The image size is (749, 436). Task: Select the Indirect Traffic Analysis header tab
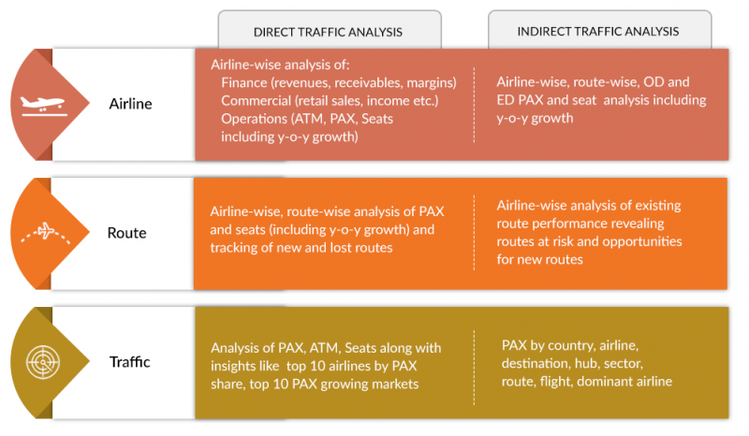[598, 32]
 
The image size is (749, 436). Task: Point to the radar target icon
[42, 360]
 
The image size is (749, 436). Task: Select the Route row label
[127, 232]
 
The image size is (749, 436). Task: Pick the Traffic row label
[129, 361]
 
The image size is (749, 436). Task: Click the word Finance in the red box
[246, 82]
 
